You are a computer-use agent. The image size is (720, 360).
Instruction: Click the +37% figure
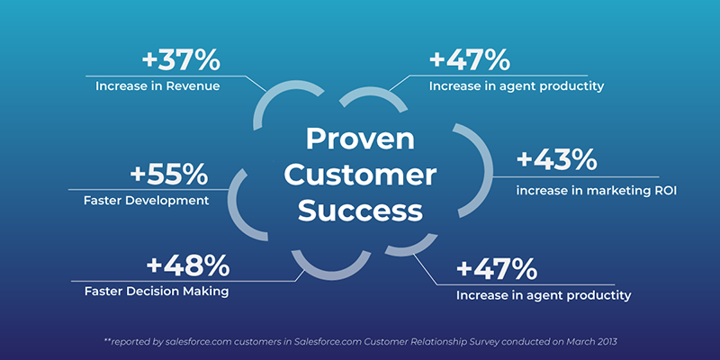(181, 60)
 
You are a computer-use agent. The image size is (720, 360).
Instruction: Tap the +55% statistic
(169, 175)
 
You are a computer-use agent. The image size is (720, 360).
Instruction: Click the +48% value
(188, 265)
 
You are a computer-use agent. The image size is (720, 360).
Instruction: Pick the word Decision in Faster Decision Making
(151, 292)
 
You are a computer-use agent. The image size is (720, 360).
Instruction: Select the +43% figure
(556, 160)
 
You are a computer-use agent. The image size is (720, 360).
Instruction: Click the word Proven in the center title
(360, 139)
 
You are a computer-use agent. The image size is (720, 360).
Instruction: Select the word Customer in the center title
(360, 175)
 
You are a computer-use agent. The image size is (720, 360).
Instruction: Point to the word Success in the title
(360, 211)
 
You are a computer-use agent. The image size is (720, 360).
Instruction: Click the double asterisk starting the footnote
(108, 340)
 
